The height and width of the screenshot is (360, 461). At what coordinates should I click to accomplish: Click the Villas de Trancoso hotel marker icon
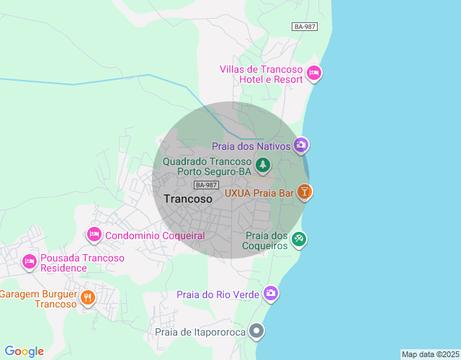pyautogui.click(x=314, y=73)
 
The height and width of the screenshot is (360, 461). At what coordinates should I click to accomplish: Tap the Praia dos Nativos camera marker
pyautogui.click(x=301, y=145)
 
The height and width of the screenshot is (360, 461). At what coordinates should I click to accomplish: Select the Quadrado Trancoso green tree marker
pyautogui.click(x=263, y=166)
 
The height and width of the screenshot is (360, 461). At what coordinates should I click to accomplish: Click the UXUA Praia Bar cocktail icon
pyautogui.click(x=305, y=192)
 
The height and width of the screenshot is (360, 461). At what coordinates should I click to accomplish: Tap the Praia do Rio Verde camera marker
pyautogui.click(x=271, y=293)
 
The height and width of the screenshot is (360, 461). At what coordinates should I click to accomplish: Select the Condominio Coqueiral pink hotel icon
pyautogui.click(x=94, y=235)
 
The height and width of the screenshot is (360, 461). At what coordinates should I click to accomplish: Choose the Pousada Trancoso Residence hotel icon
pyautogui.click(x=30, y=262)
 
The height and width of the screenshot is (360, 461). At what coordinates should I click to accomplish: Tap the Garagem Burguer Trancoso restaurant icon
pyautogui.click(x=88, y=297)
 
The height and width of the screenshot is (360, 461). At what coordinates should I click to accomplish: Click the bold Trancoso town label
pyautogui.click(x=188, y=199)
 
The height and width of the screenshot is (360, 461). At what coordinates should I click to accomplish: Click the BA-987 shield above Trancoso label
pyautogui.click(x=206, y=185)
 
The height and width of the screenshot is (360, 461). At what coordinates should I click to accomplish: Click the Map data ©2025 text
pyautogui.click(x=430, y=354)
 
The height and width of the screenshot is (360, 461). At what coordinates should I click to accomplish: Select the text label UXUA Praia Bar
pyautogui.click(x=259, y=193)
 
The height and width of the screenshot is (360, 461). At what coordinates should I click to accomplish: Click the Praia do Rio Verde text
pyautogui.click(x=219, y=294)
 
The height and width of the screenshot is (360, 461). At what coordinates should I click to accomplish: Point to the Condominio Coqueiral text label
pyautogui.click(x=155, y=235)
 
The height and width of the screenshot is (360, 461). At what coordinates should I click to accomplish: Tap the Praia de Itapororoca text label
pyautogui.click(x=200, y=332)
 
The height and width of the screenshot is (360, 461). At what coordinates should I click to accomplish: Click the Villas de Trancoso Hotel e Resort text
pyautogui.click(x=261, y=74)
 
